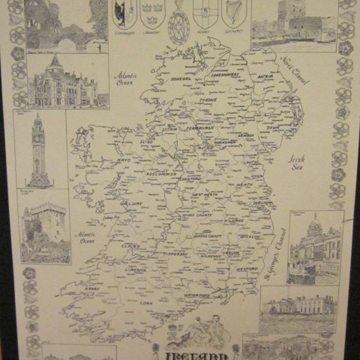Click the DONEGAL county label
tap(181, 78)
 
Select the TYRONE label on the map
tap(207, 99)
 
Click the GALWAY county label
tap(131, 203)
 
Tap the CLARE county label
tap(130, 246)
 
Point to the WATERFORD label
tap(197, 295)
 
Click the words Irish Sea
tap(297, 162)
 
